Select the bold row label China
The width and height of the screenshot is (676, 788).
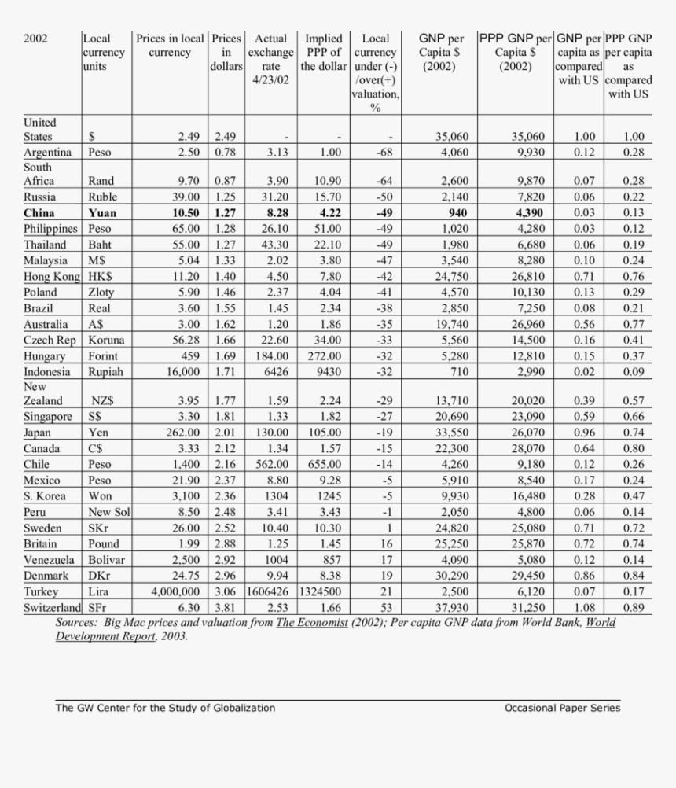(x=39, y=212)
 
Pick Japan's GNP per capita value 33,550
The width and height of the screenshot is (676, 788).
(x=453, y=433)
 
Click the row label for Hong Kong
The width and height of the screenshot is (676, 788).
(x=52, y=276)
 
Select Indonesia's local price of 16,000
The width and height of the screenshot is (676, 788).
(x=178, y=371)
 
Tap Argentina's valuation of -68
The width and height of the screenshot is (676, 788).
(x=384, y=152)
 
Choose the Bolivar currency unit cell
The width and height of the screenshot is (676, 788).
(x=107, y=559)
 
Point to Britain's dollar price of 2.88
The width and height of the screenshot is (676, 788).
(x=225, y=543)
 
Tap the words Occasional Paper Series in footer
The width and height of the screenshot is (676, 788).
(x=562, y=708)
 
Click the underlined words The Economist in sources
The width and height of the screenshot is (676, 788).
(x=311, y=623)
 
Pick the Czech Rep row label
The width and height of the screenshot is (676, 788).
(x=50, y=340)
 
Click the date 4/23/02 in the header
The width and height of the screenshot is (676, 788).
(x=271, y=80)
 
